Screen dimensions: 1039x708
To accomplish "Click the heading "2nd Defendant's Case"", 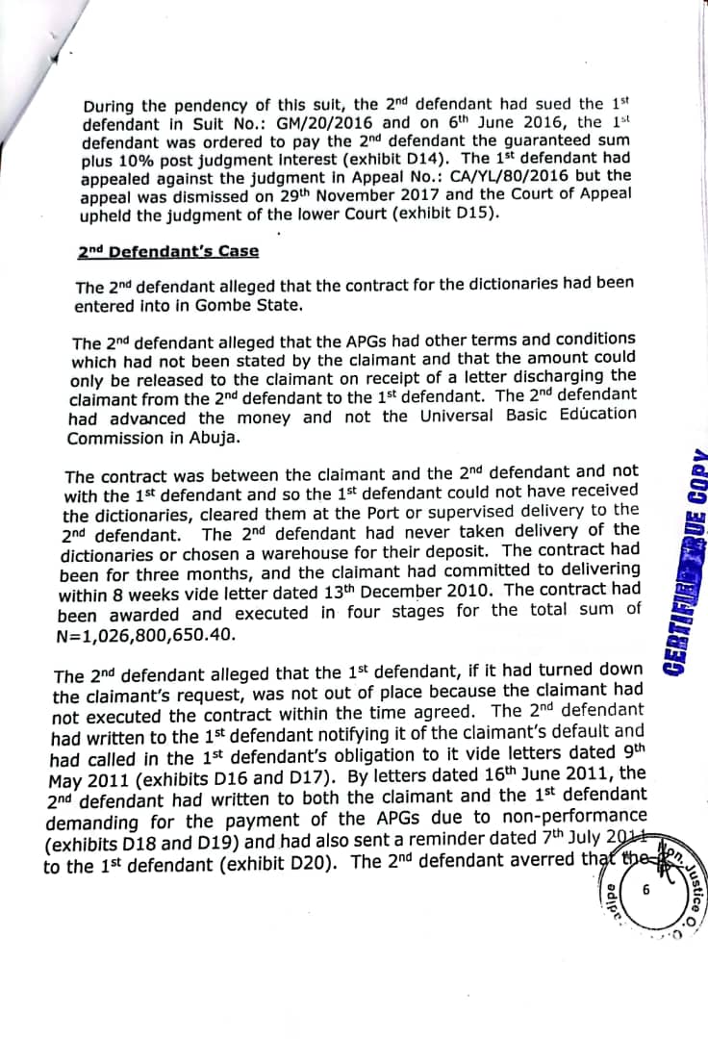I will pyautogui.click(x=168, y=252).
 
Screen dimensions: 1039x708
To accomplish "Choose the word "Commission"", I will pyautogui.click(x=111, y=438).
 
